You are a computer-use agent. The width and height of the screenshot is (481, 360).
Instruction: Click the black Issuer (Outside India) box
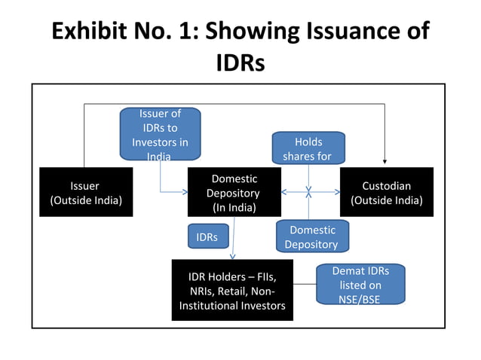pyautogui.click(x=85, y=192)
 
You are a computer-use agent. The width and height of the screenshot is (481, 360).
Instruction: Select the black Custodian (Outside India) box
pyautogui.click(x=387, y=192)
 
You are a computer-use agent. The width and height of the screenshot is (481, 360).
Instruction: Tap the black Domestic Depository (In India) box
pyautogui.click(x=234, y=192)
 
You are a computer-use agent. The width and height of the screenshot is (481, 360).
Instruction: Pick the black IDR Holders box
pyautogui.click(x=231, y=290)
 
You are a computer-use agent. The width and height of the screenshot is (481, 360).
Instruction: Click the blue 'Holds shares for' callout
pyautogui.click(x=308, y=148)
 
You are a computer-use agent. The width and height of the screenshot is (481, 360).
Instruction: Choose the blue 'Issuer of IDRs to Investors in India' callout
pyautogui.click(x=160, y=134)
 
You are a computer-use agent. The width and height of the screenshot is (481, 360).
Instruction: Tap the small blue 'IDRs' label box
pyautogui.click(x=207, y=237)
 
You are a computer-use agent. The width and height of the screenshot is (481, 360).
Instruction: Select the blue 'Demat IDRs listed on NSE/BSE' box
pyautogui.click(x=360, y=285)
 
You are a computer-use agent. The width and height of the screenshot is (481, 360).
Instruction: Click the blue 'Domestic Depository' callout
pyautogui.click(x=312, y=236)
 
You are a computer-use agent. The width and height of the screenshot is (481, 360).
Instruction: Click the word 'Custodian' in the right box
pyautogui.click(x=387, y=185)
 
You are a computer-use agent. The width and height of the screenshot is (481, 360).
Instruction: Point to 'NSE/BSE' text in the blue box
pyautogui.click(x=360, y=299)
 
